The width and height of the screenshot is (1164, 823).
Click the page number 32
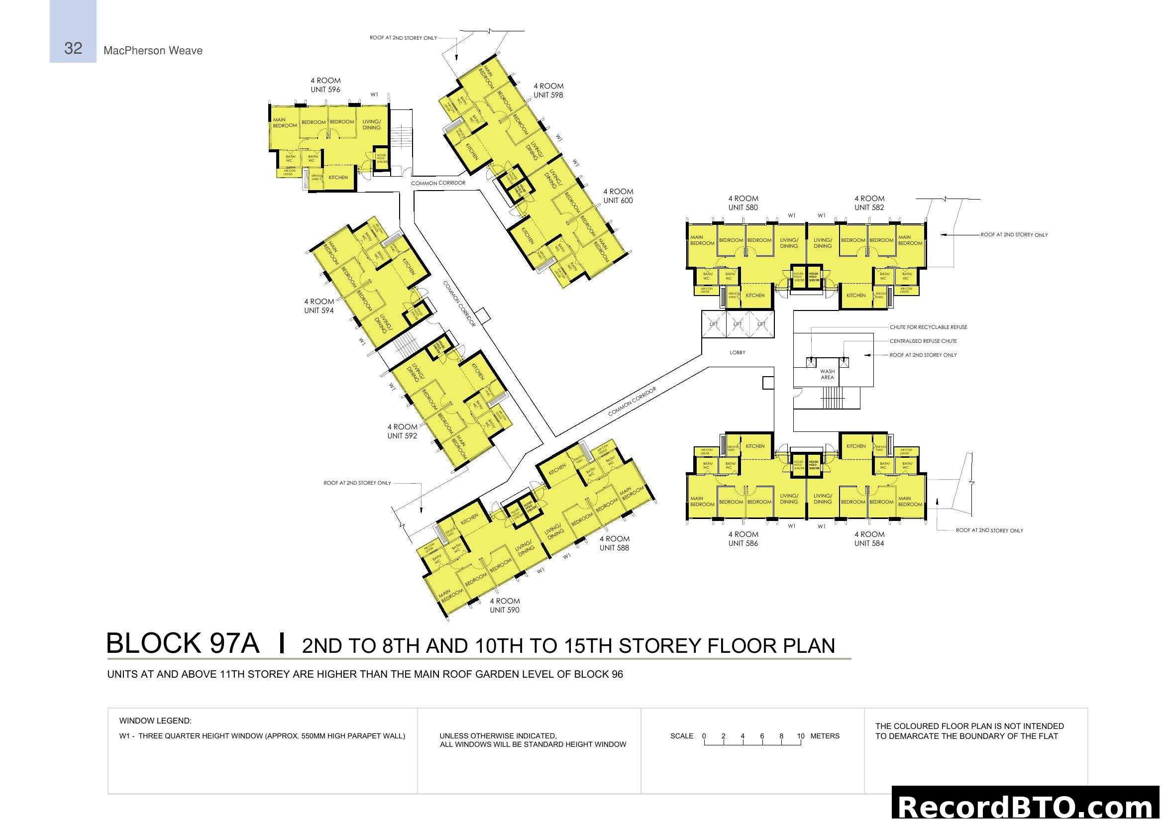pos(73,48)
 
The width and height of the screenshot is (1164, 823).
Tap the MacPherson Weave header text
pos(153,51)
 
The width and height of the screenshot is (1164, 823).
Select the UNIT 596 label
pos(325,90)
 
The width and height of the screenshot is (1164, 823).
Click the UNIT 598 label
pos(548,95)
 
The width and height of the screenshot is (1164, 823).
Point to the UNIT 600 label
pos(618,201)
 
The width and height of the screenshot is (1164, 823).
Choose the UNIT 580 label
pos(742,208)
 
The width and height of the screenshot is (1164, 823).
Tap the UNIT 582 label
pos(869,208)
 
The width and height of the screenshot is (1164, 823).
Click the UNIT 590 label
pos(505,610)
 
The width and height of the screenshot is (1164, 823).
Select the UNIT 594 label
pos(319,310)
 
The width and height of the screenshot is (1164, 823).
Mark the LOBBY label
pos(737,353)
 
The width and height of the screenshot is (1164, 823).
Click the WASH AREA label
pos(827,375)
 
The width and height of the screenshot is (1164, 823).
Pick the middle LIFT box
pos(737,324)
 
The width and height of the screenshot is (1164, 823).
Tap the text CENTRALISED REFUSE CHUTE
pos(923,341)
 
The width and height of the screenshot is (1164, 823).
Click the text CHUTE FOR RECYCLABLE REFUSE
pos(928,327)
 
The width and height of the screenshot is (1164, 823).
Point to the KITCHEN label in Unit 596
pos(338,178)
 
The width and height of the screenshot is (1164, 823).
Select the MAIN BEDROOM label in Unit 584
pos(910,501)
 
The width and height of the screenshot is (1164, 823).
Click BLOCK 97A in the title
pos(183,643)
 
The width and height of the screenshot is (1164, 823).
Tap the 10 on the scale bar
pos(801,736)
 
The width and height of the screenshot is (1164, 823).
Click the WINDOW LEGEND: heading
pos(155,720)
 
